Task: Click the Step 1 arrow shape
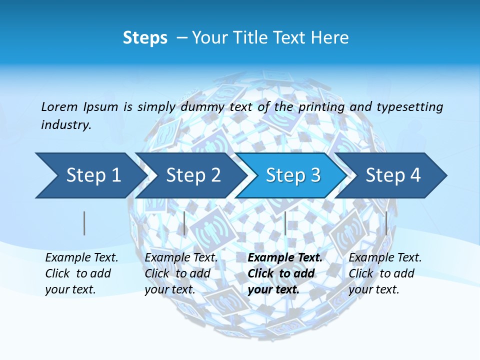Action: point(90,175)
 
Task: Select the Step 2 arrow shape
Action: point(192,175)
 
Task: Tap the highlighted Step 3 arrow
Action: point(292,175)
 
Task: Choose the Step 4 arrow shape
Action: point(392,175)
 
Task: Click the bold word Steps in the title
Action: point(145,38)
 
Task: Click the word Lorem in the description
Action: point(59,106)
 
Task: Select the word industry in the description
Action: point(66,125)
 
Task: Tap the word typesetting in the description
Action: point(409,107)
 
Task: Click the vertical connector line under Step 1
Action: point(84,223)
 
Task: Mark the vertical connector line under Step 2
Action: point(184,223)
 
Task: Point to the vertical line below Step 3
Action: point(285,223)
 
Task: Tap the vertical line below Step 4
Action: point(386,223)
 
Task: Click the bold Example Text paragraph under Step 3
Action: point(285,273)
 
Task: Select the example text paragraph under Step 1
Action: point(81,273)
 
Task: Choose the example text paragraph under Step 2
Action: point(181,273)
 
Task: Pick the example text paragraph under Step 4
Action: point(385,273)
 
